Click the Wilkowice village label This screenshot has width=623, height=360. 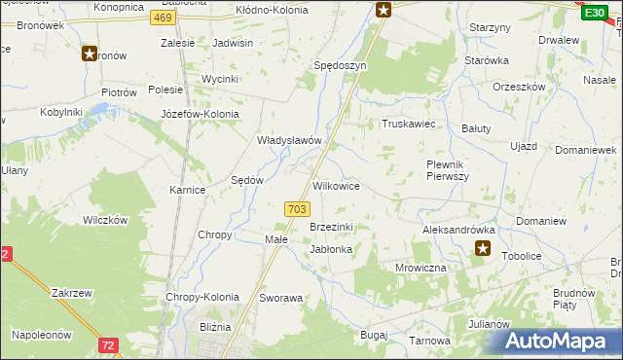337,186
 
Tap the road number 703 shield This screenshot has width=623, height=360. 299,209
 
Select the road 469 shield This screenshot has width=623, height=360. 165,18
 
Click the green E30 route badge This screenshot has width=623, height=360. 594,12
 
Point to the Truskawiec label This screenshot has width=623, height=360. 407,125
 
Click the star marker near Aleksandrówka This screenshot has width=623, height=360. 483,250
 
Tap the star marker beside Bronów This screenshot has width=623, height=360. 90,54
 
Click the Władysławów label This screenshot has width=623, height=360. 289,140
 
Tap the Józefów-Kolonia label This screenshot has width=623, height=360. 200,114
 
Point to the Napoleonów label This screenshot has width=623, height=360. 42,334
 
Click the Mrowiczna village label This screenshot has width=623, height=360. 421,267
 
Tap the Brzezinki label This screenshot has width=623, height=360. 331,227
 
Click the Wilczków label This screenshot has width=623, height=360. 105,220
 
